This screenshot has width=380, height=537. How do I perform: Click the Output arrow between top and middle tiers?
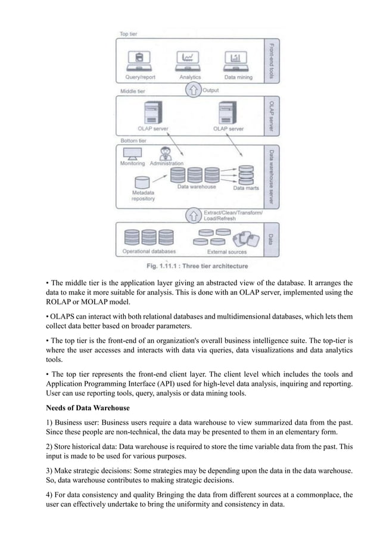pos(193,91)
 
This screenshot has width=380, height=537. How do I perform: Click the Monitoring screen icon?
pos(132,154)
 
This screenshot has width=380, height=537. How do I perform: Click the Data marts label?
pos(246,189)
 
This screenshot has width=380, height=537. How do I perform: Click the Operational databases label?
pos(144,251)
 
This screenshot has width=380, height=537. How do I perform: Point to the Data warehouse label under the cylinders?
pos(197,187)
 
